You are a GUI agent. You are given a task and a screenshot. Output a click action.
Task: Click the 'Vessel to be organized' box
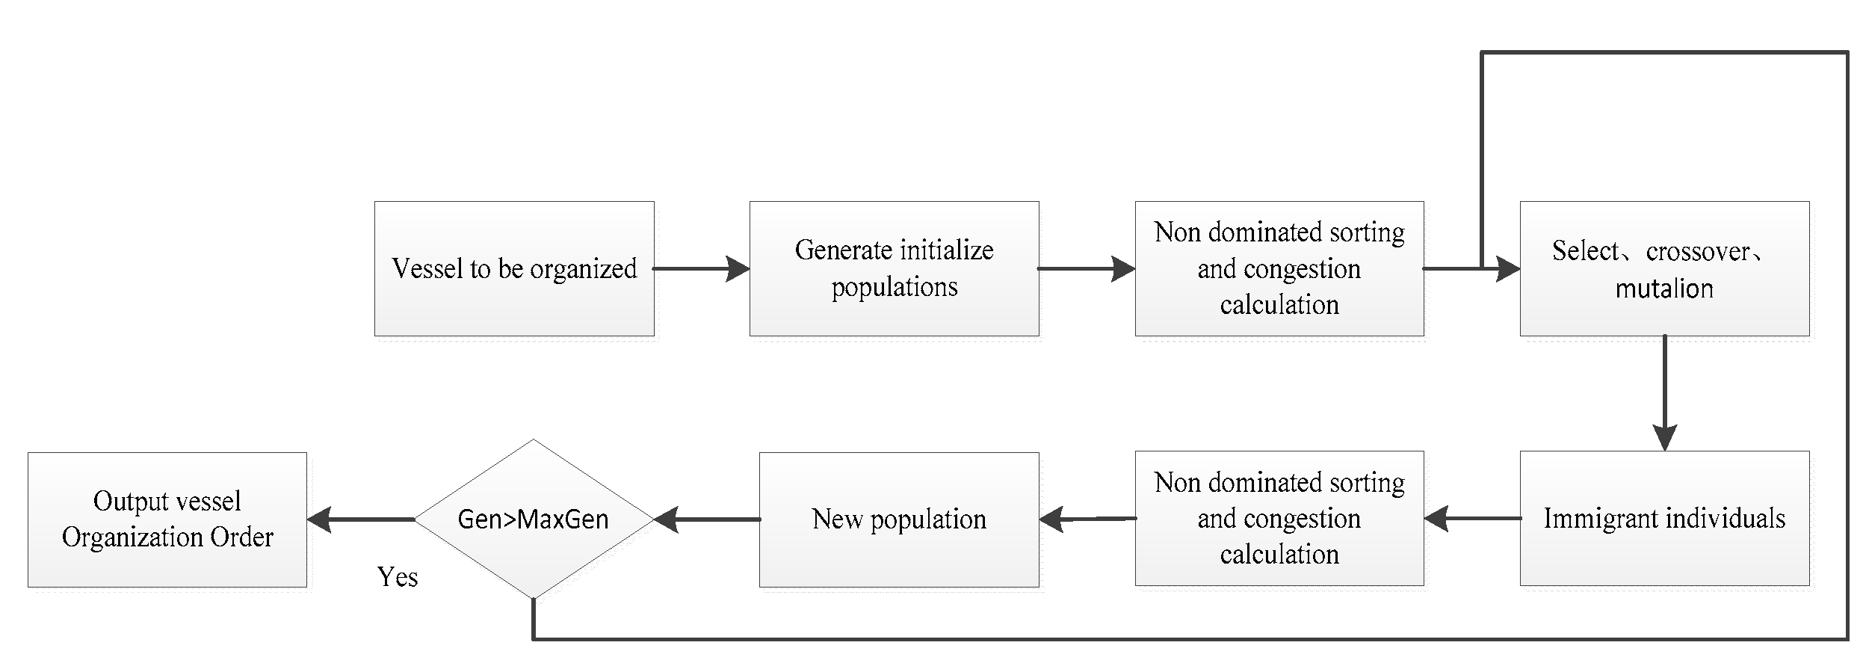point(514,268)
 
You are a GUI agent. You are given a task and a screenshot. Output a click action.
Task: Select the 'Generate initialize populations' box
point(894,268)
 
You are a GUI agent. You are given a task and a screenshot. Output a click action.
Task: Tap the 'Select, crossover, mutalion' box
point(1664,268)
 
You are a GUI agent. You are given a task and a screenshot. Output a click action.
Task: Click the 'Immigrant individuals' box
point(1664,518)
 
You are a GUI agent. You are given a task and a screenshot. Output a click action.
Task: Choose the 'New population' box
point(899,519)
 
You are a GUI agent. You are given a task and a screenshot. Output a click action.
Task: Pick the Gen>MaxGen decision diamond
point(533,519)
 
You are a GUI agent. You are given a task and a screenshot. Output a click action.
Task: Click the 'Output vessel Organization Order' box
point(167,519)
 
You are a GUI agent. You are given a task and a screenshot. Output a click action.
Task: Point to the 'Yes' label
point(397,577)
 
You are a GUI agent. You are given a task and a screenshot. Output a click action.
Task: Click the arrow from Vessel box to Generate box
point(701,268)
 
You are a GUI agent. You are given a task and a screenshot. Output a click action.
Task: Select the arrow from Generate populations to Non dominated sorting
point(1087,268)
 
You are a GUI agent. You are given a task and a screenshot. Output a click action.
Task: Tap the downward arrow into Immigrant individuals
point(1665,393)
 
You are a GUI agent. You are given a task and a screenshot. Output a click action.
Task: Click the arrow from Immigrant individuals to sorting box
point(1472,518)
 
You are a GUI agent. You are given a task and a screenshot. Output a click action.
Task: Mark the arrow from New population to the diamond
point(707,519)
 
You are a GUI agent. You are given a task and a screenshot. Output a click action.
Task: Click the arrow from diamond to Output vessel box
point(360,519)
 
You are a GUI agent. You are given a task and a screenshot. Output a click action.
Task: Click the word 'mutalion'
point(1664,289)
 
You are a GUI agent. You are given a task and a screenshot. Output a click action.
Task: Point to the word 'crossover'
point(1697,251)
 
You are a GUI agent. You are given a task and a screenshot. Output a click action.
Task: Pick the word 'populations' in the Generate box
point(895,287)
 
